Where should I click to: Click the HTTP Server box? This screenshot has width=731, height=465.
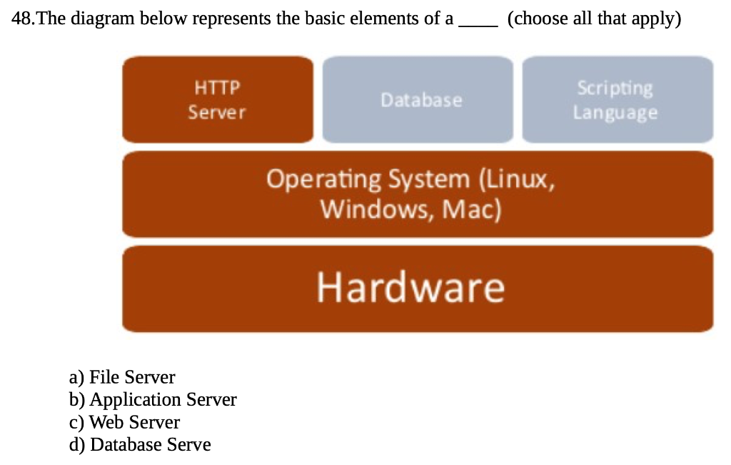coord(217,100)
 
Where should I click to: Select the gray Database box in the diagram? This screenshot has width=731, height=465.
coord(418,100)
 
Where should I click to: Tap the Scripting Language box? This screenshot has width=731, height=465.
coord(617,100)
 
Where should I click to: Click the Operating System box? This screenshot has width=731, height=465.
coord(418,194)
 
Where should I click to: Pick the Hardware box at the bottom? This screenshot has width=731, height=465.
coord(418,288)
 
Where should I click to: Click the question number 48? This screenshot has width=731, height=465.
coord(23,19)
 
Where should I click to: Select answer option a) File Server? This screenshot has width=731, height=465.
coord(122,376)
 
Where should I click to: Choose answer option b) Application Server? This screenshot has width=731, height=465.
coord(153,399)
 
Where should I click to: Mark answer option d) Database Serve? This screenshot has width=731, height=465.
coord(140,445)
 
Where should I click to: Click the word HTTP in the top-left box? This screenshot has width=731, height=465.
coord(217,88)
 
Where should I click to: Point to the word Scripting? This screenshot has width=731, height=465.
coord(615,88)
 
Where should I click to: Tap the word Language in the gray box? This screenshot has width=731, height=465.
coord(615,113)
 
